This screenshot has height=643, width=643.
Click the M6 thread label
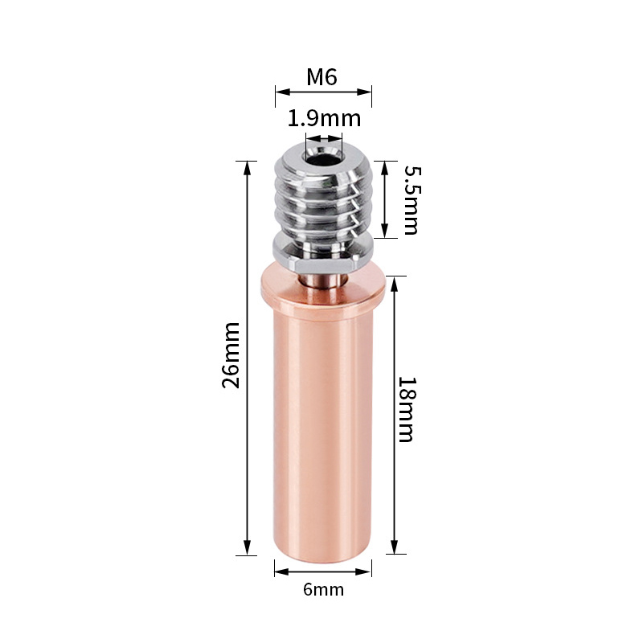[322, 76]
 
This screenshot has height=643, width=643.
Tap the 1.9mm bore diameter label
[324, 118]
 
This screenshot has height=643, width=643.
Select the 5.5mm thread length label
[412, 200]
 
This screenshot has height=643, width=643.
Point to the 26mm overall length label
[231, 355]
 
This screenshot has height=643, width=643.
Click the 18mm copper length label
[407, 409]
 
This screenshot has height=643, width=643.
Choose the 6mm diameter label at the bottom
[324, 589]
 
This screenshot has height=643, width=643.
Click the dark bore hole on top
[323, 158]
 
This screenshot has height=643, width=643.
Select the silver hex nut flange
[323, 254]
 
